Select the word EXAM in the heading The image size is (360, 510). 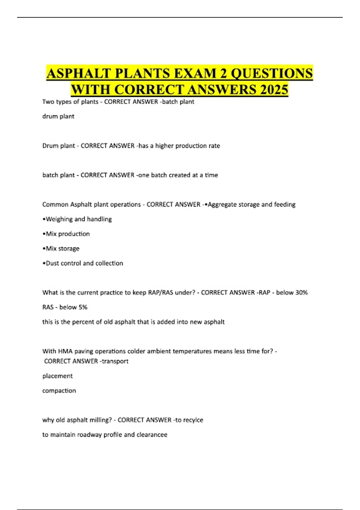point(198,73)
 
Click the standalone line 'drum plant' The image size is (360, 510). point(58,116)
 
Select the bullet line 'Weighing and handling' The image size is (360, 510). point(77,219)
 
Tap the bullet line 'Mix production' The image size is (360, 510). point(66,234)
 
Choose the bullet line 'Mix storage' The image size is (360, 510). point(61,249)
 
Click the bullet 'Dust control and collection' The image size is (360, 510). point(83,263)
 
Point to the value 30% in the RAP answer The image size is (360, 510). point(301,292)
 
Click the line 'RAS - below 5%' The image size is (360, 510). point(65,307)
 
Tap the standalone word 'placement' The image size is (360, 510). point(58,376)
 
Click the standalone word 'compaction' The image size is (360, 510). point(59,391)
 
